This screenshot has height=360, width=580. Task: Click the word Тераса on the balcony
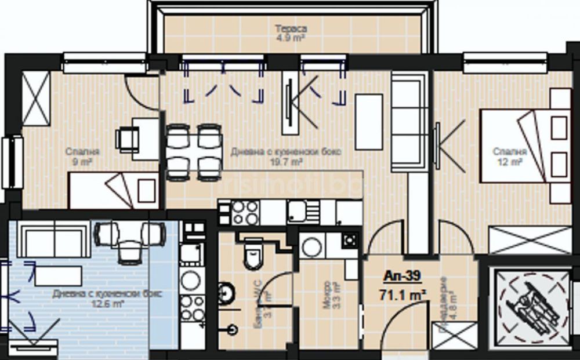[291, 29]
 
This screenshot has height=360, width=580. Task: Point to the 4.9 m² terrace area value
[291, 38]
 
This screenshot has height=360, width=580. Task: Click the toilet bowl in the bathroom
[253, 256]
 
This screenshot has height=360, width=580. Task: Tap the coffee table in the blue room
[58, 275]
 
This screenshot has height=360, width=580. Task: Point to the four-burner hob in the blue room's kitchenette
[192, 302]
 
